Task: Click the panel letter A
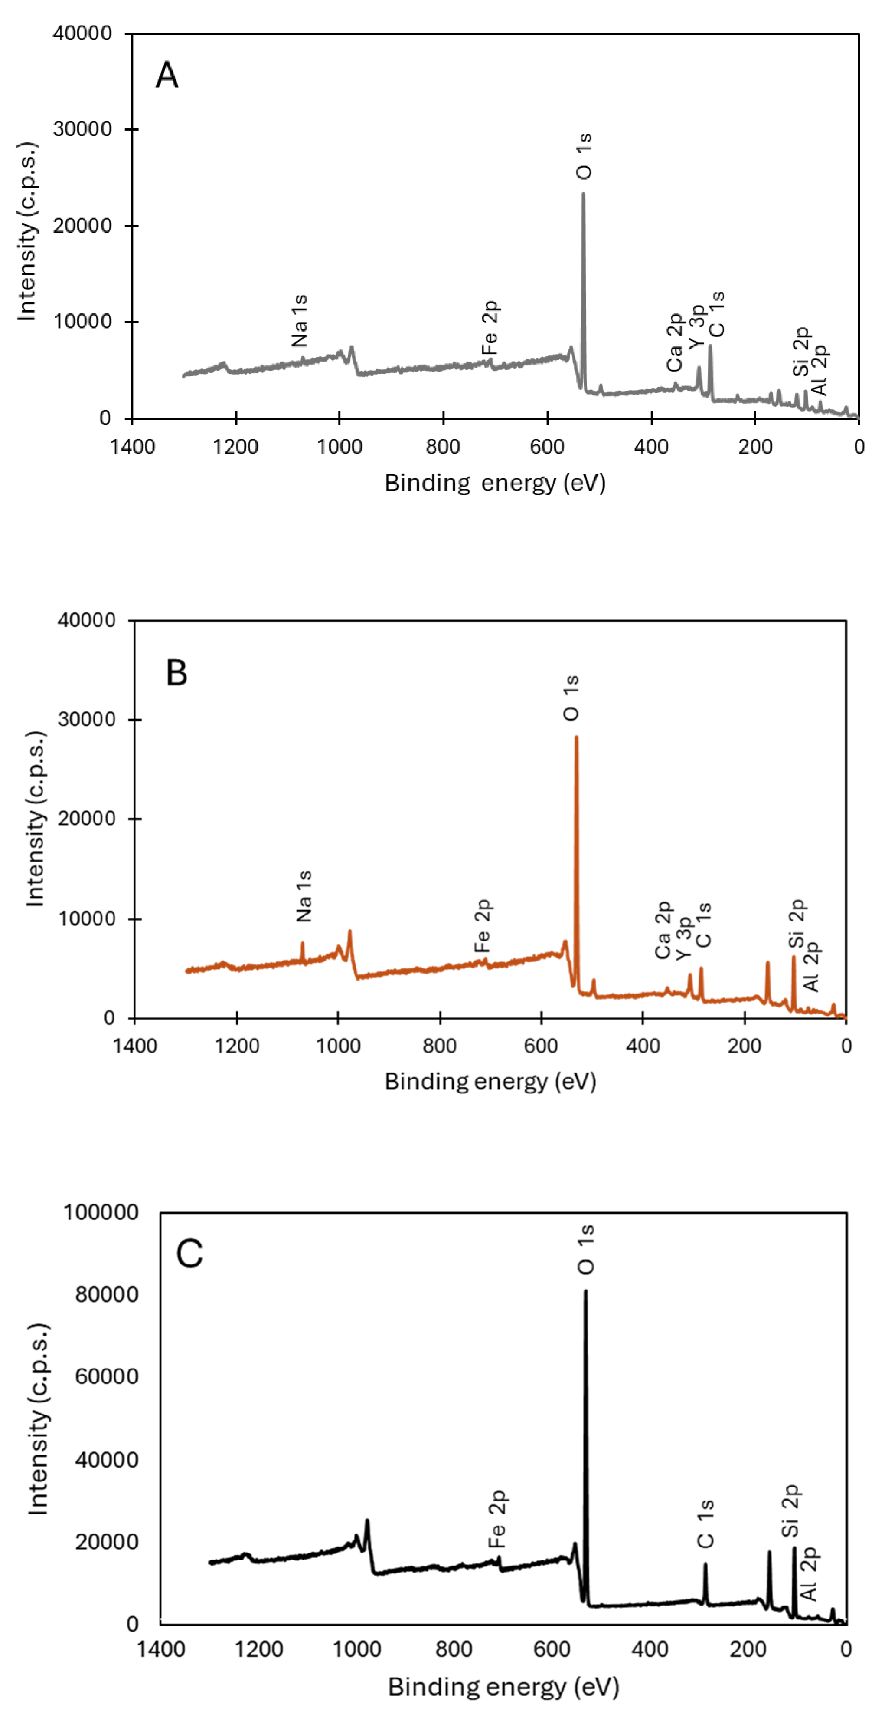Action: coord(167,75)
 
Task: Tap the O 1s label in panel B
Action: coord(571,698)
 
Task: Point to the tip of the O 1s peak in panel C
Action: coord(585,1292)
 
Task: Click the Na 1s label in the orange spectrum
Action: coord(304,896)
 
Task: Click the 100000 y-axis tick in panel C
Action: coord(101,1212)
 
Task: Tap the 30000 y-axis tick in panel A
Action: coord(82,129)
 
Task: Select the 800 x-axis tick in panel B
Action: coord(440,1046)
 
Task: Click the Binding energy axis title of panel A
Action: coord(495,483)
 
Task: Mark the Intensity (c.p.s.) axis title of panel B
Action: coord(35,819)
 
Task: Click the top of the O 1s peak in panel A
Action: coord(583,194)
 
